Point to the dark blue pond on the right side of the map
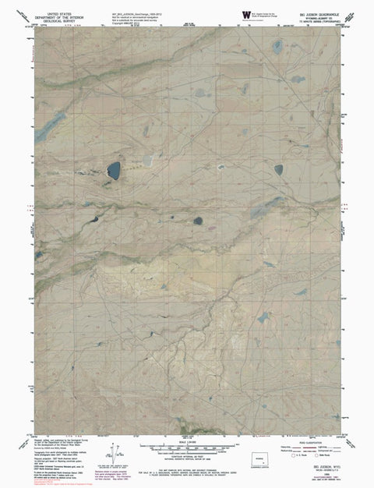(x=278, y=169)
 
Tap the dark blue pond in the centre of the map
(x=197, y=220)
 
